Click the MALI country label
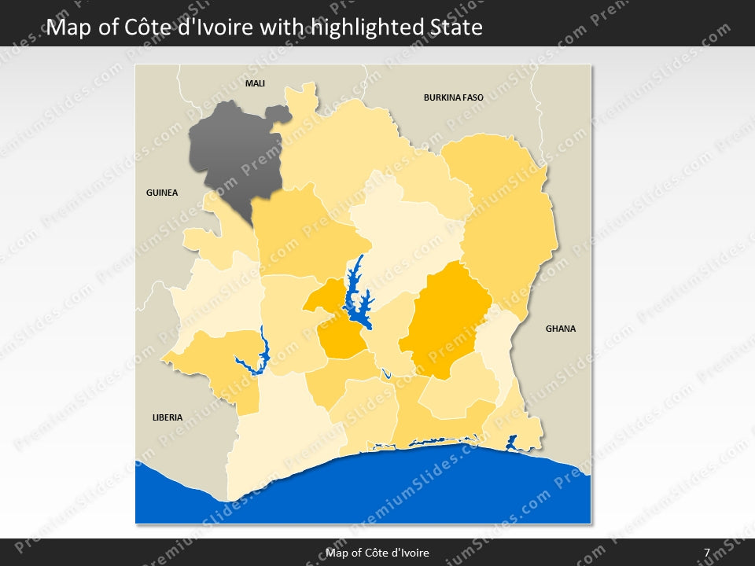255,83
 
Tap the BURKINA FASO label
453,98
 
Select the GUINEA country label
162,193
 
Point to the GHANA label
560,329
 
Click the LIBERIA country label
167,417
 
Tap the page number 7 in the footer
707,553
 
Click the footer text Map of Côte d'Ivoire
377,553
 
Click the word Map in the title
66,28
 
